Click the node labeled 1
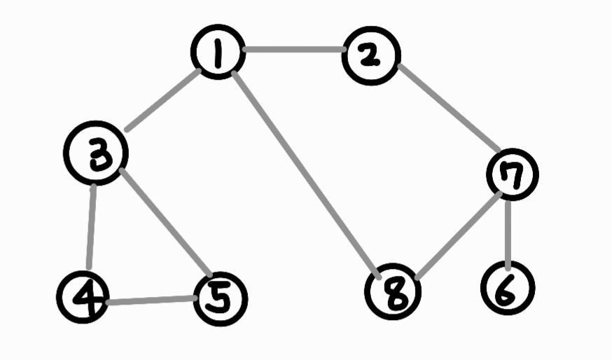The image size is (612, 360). click(x=218, y=53)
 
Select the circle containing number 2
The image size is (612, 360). click(x=370, y=56)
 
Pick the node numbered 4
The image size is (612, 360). click(x=83, y=297)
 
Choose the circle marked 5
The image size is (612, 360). click(x=220, y=300)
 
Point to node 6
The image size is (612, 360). click(x=508, y=287)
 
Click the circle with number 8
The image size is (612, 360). click(x=393, y=292)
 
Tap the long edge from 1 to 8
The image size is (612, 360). click(x=305, y=174)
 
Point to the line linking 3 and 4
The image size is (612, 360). click(x=91, y=226)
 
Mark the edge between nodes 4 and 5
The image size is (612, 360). click(x=151, y=300)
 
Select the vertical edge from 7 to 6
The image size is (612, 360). click(x=508, y=230)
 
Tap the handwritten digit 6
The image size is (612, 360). click(x=508, y=289)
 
